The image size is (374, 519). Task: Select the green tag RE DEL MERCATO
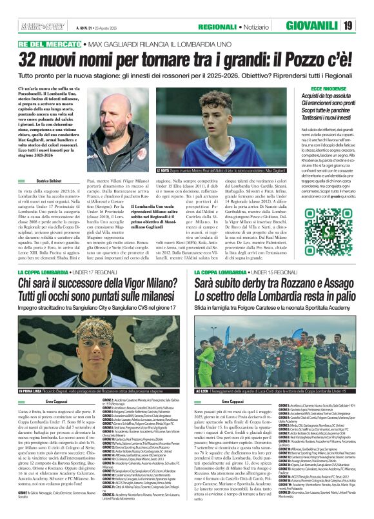point(46,44)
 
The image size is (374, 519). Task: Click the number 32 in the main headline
point(31,60)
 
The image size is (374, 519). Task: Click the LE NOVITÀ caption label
point(166,170)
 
